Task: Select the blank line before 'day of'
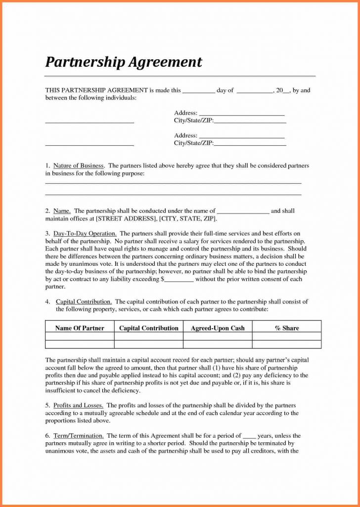click(x=199, y=91)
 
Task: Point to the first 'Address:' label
click(x=185, y=113)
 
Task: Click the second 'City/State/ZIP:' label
click(x=193, y=143)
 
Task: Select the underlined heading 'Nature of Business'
click(x=78, y=166)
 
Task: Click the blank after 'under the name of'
click(x=243, y=211)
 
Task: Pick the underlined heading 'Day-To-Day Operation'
click(x=85, y=233)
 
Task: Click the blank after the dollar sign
click(x=179, y=280)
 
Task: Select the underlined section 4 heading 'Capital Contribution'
click(x=84, y=301)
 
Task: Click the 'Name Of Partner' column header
click(x=80, y=328)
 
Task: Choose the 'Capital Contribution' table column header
click(x=149, y=328)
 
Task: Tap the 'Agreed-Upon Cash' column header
click(x=218, y=328)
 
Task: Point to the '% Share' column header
click(x=287, y=328)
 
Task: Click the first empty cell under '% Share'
click(x=287, y=337)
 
